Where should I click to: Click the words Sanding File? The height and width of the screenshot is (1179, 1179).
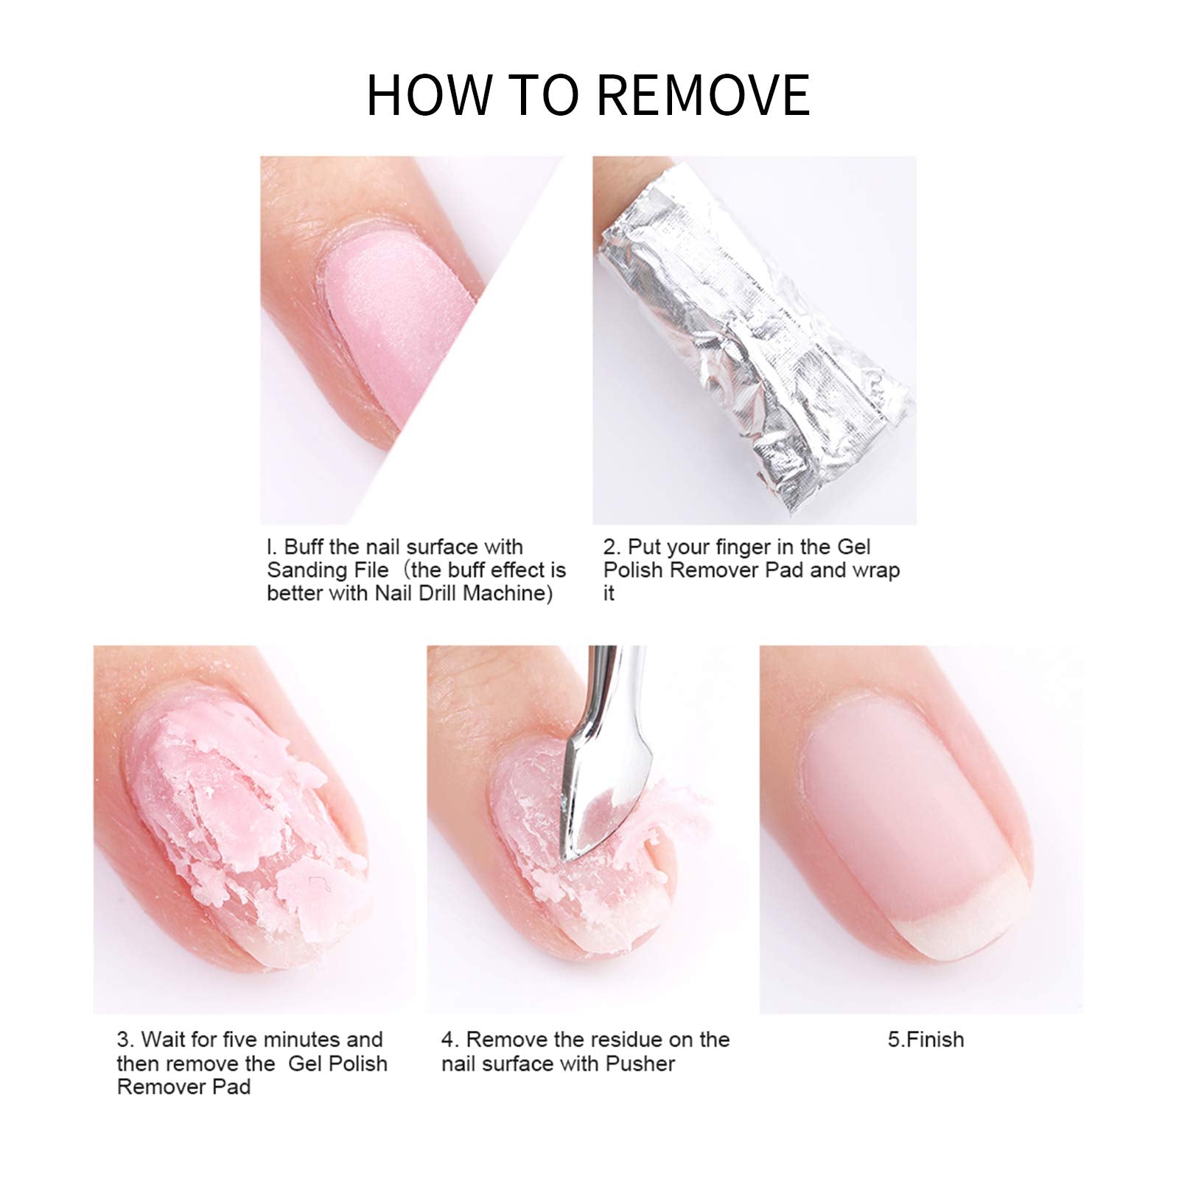(327, 570)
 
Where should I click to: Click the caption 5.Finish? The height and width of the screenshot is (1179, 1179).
(926, 1040)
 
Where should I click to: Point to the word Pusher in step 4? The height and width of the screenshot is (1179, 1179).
(640, 1063)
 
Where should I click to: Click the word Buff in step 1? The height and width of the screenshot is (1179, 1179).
(304, 547)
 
